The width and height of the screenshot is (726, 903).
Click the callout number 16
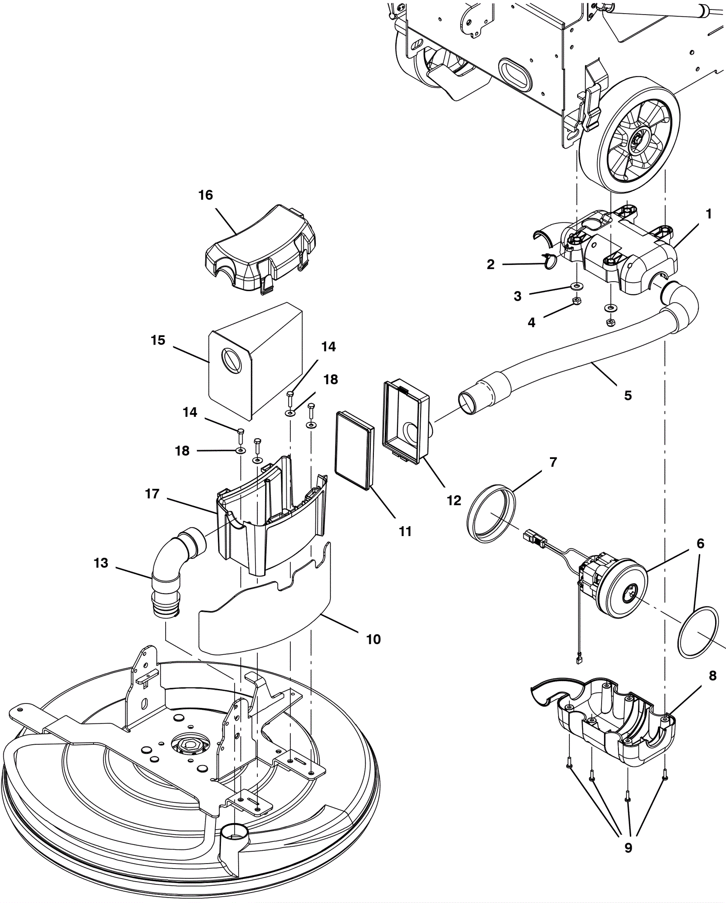click(206, 195)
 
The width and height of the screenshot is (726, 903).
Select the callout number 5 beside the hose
click(628, 395)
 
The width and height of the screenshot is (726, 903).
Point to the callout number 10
click(373, 639)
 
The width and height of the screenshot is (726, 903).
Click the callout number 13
click(101, 563)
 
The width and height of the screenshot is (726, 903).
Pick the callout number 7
click(553, 462)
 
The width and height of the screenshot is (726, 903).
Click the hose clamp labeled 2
click(548, 262)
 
